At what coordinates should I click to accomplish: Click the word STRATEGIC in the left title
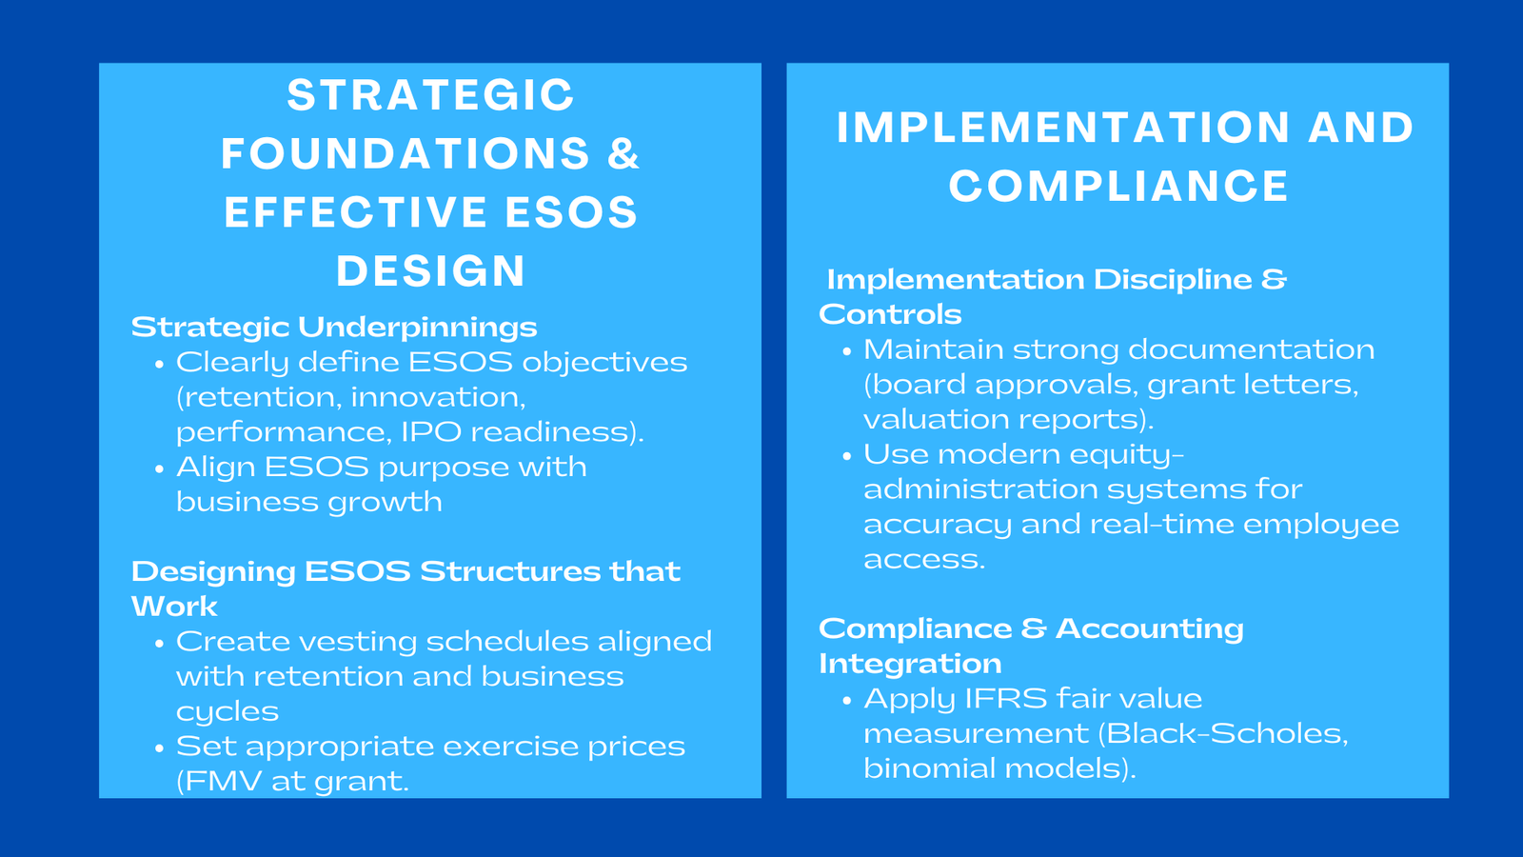[x=430, y=95]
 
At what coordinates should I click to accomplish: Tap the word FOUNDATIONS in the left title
[x=405, y=154]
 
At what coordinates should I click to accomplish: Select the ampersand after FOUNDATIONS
[x=623, y=154]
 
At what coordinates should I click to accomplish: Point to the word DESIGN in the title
[x=431, y=271]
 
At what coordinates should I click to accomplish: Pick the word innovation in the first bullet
[x=437, y=397]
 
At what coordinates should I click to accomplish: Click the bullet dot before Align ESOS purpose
[x=159, y=468]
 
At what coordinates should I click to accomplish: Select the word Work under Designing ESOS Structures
[x=174, y=607]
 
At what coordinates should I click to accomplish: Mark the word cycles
[x=227, y=712]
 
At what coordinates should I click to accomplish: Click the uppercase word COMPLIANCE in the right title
[x=1118, y=187]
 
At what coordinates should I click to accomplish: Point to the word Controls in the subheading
[x=890, y=315]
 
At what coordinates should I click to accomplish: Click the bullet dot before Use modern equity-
[x=847, y=456]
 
